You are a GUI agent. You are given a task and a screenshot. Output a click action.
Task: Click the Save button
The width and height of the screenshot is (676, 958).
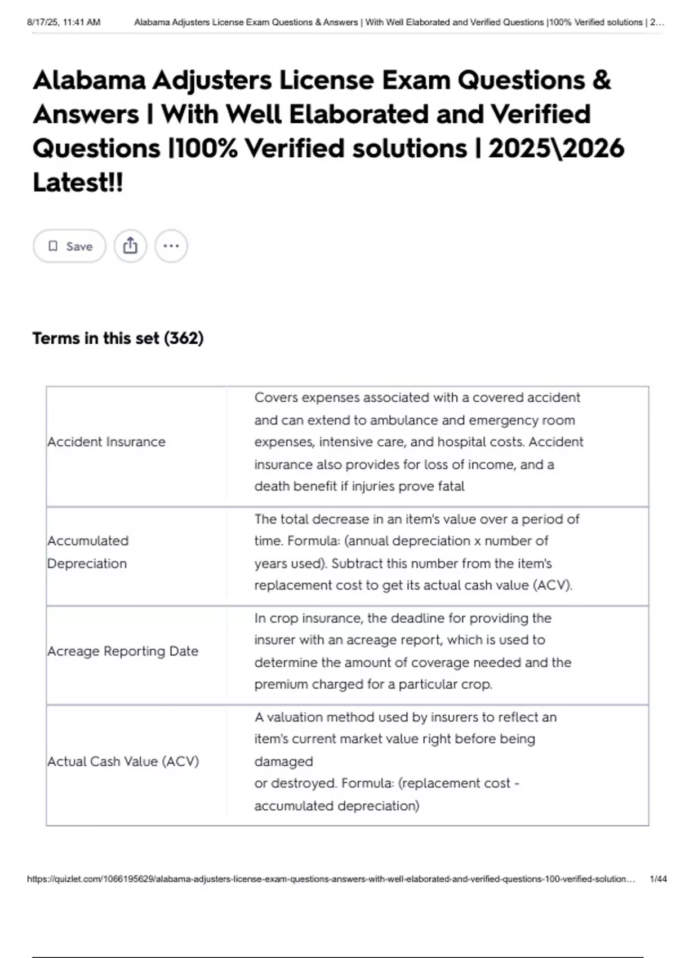[x=69, y=246]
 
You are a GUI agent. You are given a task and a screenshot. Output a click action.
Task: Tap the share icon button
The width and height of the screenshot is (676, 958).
[x=130, y=246]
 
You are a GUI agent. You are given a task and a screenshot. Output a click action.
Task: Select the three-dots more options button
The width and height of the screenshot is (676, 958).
[x=171, y=246]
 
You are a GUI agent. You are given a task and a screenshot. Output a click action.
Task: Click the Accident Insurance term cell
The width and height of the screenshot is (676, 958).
[x=106, y=442]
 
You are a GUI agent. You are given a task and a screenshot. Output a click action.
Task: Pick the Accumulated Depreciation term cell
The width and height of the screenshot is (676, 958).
[x=88, y=552]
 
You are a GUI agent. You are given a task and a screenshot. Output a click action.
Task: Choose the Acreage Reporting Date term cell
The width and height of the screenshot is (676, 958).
[x=123, y=651]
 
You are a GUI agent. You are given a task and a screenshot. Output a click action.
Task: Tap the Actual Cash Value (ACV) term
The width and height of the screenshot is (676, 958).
[x=123, y=761]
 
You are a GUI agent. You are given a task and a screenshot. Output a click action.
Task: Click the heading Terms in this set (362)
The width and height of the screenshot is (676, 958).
[x=118, y=338]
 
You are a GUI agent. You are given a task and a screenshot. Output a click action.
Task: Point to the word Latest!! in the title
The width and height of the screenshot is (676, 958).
[x=78, y=182]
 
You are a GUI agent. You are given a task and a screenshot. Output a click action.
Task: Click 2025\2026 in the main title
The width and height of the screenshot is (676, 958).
[x=556, y=148]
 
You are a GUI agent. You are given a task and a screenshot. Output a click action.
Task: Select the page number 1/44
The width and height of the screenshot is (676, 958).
[x=658, y=879]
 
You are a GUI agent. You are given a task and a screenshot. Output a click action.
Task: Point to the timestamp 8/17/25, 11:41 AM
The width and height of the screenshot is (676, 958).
[x=64, y=22]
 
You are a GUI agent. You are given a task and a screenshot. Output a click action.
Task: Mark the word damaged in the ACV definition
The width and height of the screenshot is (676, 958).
[x=283, y=761]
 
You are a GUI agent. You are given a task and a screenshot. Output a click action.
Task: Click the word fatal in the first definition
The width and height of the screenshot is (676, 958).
[x=450, y=486]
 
